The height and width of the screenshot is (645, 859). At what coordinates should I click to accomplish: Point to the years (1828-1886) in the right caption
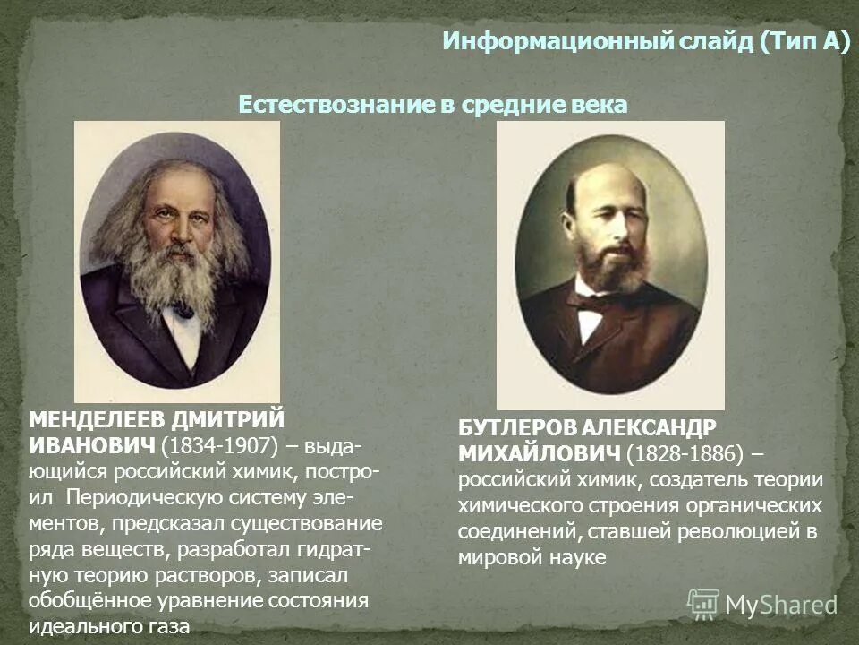(685, 453)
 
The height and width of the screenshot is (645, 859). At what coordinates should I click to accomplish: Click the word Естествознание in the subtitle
(336, 105)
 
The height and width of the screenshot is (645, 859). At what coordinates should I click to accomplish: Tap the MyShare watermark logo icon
(703, 603)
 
